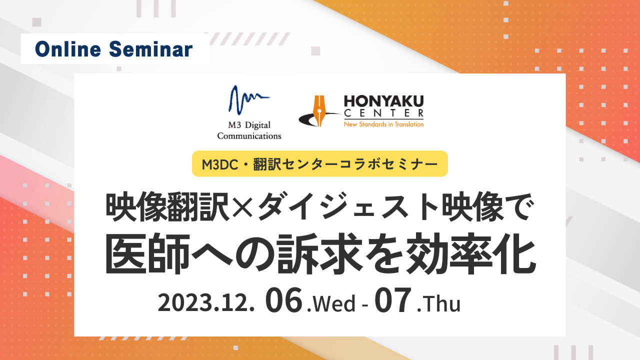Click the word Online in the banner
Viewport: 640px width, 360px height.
pyautogui.click(x=68, y=49)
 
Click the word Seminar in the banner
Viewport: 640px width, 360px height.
pyautogui.click(x=151, y=49)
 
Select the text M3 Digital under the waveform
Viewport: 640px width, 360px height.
pyautogui.click(x=249, y=125)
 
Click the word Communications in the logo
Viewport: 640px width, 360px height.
pyautogui.click(x=249, y=136)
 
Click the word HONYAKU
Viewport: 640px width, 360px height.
pyautogui.click(x=383, y=101)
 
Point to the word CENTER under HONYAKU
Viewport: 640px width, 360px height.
pyautogui.click(x=383, y=113)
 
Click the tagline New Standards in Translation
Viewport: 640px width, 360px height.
pyautogui.click(x=383, y=124)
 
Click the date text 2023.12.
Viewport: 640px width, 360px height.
pyautogui.click(x=206, y=303)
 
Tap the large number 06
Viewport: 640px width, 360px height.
pyautogui.click(x=283, y=299)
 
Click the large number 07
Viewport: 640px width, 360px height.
pyautogui.click(x=393, y=299)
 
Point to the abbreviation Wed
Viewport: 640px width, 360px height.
pyautogui.click(x=334, y=303)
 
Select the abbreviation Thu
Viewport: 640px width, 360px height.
pyautogui.click(x=441, y=303)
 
